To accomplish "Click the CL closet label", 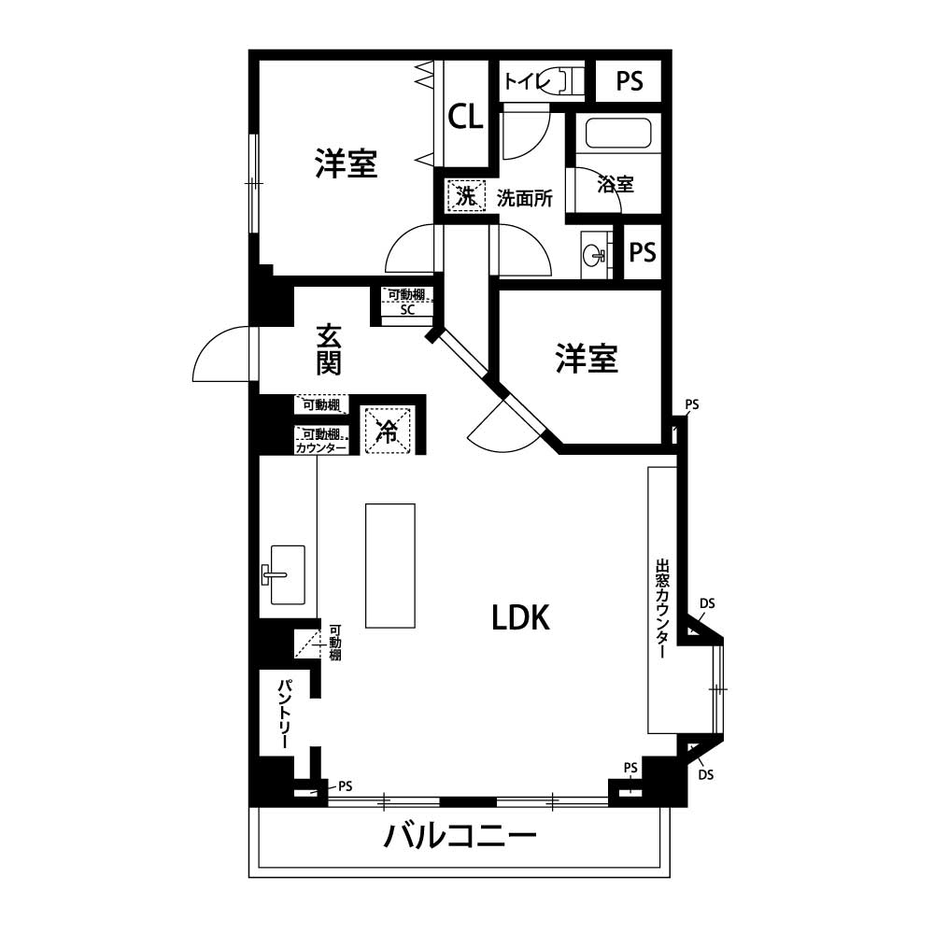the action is pos(465,117).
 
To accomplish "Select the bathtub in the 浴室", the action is pos(617,134).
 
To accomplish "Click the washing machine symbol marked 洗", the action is pos(466,195).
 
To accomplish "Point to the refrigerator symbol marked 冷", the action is pos(388,430).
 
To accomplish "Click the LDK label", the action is pos(520,617).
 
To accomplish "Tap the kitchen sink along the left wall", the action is pos(284,574).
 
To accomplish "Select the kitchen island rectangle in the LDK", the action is pos(390,565).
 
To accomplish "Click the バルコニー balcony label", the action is pos(460,836).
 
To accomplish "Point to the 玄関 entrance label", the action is pos(328,349).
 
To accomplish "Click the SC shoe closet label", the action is pos(407,310).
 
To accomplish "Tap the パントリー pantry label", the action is pos(284,714).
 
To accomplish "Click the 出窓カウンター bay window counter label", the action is pos(662,608).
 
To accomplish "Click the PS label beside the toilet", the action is pos(630,81).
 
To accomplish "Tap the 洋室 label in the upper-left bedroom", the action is pos(347,163).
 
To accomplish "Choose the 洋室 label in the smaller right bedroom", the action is pos(587,359).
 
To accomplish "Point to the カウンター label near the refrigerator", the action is pos(321,448).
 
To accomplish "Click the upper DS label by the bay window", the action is pos(707,603).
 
